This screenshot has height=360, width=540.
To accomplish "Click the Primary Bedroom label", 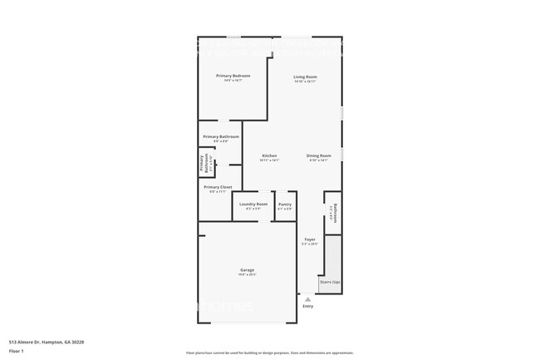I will pyautogui.click(x=233, y=76).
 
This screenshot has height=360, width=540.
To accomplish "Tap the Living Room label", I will pyautogui.click(x=305, y=77).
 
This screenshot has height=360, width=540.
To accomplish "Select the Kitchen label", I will pyautogui.click(x=269, y=155).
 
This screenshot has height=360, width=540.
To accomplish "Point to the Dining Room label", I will pyautogui.click(x=319, y=155).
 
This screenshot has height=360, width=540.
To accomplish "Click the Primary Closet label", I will pyautogui.click(x=218, y=187).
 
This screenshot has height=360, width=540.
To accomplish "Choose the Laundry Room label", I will pyautogui.click(x=253, y=204).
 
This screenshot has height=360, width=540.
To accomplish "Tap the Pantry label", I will pyautogui.click(x=285, y=204).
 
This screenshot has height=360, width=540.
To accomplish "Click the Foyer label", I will pyautogui.click(x=309, y=239).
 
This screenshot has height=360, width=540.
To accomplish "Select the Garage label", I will pyautogui.click(x=248, y=270).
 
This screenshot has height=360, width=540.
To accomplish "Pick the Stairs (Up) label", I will pyautogui.click(x=330, y=283).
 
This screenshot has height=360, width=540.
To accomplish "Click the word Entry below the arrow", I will pyautogui.click(x=308, y=306).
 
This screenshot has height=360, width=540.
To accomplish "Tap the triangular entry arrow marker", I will pyautogui.click(x=308, y=299).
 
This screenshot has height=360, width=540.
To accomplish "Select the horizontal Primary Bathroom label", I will pyautogui.click(x=221, y=136).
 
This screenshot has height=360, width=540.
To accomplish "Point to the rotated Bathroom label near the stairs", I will pyautogui.click(x=335, y=213).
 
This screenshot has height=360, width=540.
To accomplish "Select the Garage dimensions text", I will pyautogui.click(x=248, y=275).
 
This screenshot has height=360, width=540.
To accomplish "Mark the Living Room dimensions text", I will pyautogui.click(x=305, y=81).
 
